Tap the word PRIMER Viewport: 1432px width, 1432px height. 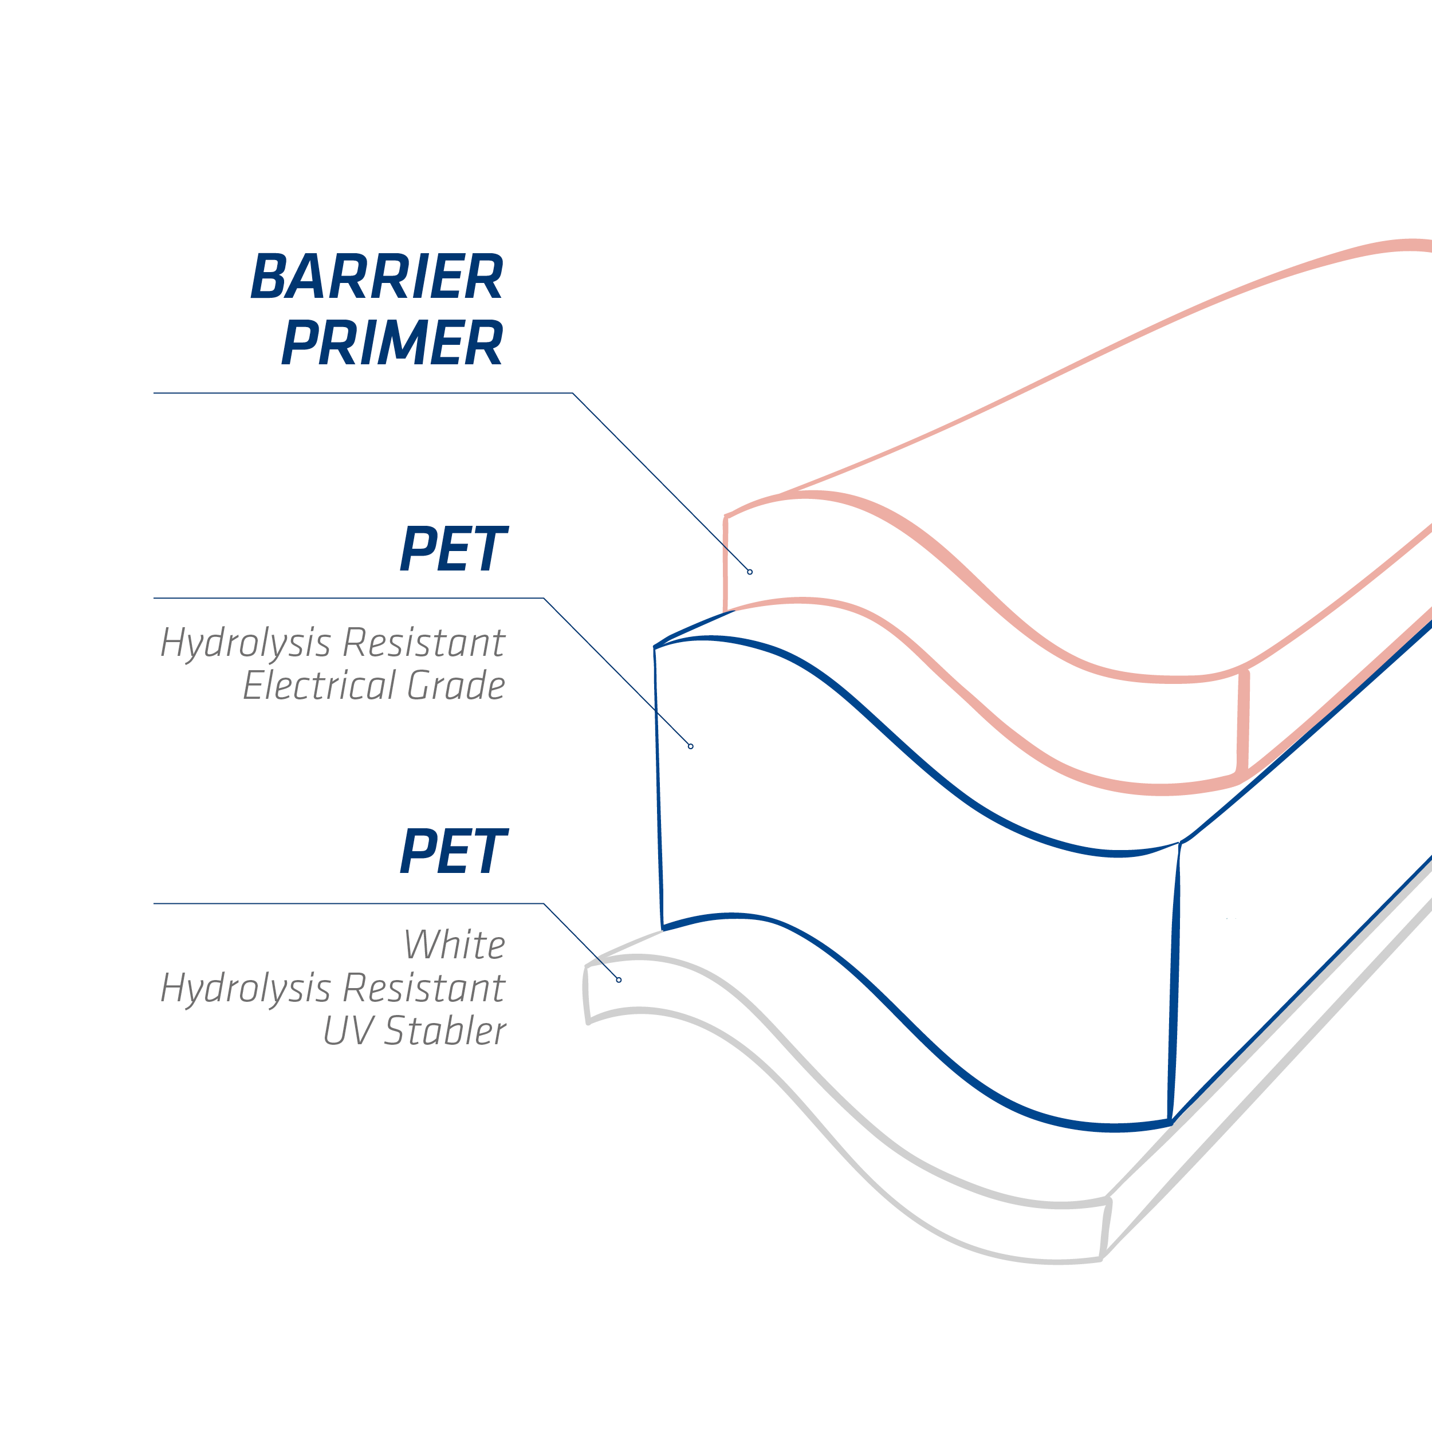[393, 342]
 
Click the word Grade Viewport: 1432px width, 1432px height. [457, 685]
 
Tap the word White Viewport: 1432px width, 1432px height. [454, 945]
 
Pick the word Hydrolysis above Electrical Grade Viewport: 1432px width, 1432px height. [245, 643]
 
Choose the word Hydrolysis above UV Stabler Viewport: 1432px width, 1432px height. [245, 989]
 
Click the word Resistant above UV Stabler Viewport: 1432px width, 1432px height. [424, 988]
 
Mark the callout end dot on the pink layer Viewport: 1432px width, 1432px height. [750, 572]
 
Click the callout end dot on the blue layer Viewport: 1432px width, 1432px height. [691, 746]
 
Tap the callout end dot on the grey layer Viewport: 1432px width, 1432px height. [619, 980]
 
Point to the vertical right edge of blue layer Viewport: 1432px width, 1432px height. [1174, 983]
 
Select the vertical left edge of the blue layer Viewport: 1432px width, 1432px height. [658, 788]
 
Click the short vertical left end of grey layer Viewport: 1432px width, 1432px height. [587, 995]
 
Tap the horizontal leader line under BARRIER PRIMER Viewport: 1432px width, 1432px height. [363, 393]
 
